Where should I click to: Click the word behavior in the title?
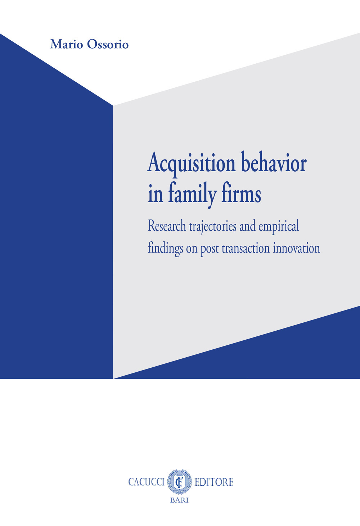pos(274,164)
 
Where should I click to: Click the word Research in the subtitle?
pos(167,226)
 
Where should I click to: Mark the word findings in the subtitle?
pos(165,249)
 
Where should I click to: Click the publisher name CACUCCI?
pos(146,482)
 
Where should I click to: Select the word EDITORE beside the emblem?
pos(214,482)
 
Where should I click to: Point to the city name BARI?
pos(179,500)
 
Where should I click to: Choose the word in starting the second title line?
pos(156,195)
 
